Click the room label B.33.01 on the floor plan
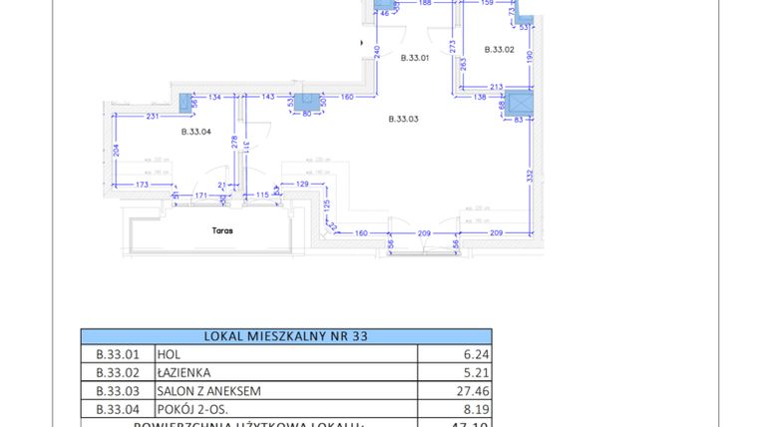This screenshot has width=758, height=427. click(414, 58)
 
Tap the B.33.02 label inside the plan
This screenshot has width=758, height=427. click(499, 49)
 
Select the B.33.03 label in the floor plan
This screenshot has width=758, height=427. click(403, 119)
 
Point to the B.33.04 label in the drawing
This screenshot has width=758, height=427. click(195, 132)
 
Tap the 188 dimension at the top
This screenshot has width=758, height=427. click(424, 3)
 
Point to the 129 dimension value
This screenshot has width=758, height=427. click(302, 184)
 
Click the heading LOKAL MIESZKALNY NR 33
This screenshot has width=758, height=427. click(285, 336)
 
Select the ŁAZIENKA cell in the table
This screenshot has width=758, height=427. click(183, 372)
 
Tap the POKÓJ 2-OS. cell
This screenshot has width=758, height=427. click(189, 409)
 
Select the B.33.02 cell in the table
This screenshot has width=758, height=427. click(116, 372)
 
